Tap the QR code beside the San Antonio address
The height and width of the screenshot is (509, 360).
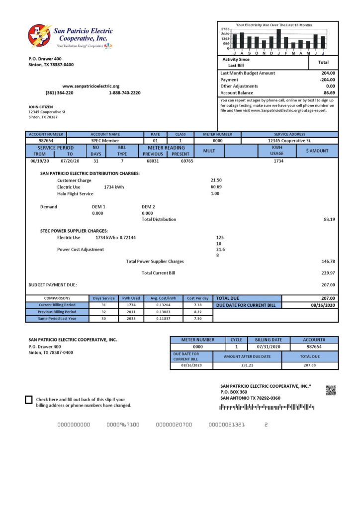coord(331,390)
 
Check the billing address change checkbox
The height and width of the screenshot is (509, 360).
coord(29,400)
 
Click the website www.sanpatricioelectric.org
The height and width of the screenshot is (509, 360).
coord(91,86)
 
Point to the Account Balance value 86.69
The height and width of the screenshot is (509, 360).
coord(329,93)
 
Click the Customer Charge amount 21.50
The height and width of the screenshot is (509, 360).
coord(216,180)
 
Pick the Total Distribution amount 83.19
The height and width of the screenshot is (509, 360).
coord(329,219)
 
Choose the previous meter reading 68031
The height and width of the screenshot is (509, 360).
coord(153,161)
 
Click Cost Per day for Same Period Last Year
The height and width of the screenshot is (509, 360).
coord(197,319)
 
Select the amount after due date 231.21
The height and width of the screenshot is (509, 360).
coord(247,365)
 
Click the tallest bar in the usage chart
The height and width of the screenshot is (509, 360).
coord(279,39)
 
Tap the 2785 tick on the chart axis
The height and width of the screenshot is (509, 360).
coord(225,29)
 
